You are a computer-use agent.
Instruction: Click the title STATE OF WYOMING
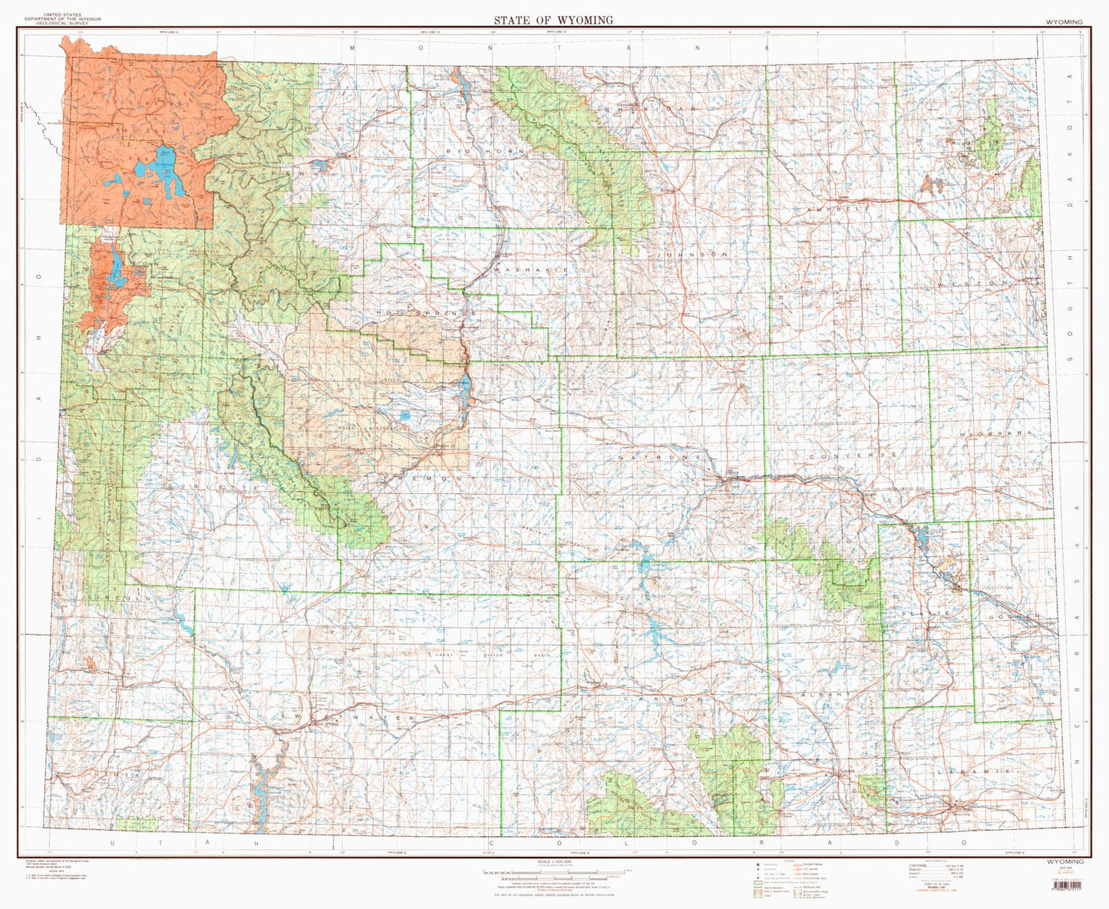(553, 21)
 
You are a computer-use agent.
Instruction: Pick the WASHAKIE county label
(530, 270)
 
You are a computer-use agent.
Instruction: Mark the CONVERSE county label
(851, 455)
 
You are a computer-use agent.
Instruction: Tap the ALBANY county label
(825, 693)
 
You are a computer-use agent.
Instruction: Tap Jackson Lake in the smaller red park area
(115, 268)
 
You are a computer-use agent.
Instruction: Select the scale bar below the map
(554, 871)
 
